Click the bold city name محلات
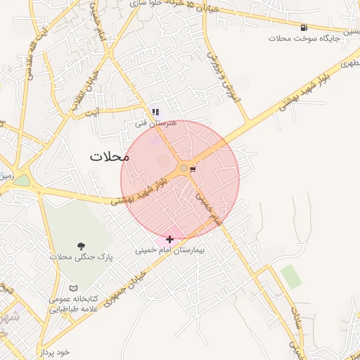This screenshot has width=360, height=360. [x=111, y=156]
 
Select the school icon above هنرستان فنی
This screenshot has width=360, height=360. [x=155, y=111]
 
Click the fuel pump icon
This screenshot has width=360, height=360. [x=303, y=27]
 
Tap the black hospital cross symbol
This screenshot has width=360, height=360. [x=169, y=239]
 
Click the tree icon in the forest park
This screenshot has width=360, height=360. [x=81, y=246]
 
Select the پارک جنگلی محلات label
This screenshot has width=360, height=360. [x=81, y=257]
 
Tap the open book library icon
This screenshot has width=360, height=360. [x=74, y=288]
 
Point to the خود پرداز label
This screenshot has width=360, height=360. [x=56, y=351]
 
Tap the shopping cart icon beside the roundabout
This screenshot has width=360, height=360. [x=193, y=168]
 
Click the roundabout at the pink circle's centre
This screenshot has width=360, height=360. [x=184, y=168]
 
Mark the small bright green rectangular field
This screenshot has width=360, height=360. [x=290, y=277]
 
